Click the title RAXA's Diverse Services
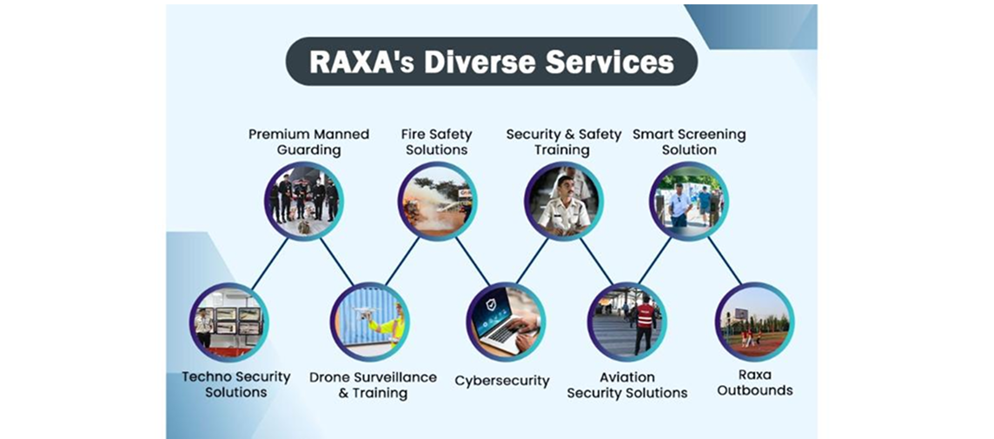(x=491, y=62)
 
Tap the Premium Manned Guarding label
(x=308, y=142)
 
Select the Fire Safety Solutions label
(x=436, y=142)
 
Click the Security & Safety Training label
(x=563, y=142)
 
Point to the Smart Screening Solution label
(x=689, y=142)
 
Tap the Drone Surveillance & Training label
(x=373, y=385)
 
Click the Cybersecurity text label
(x=502, y=381)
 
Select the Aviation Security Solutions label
(x=626, y=385)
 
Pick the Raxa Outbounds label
(x=753, y=383)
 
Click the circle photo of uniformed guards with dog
(x=303, y=201)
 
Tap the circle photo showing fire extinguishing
(x=437, y=201)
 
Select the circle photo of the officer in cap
(x=563, y=201)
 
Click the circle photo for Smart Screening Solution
(x=689, y=201)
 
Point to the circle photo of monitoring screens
(x=229, y=322)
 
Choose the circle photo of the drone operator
(x=369, y=322)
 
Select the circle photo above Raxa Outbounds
(x=753, y=322)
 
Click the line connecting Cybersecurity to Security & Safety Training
(x=532, y=262)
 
